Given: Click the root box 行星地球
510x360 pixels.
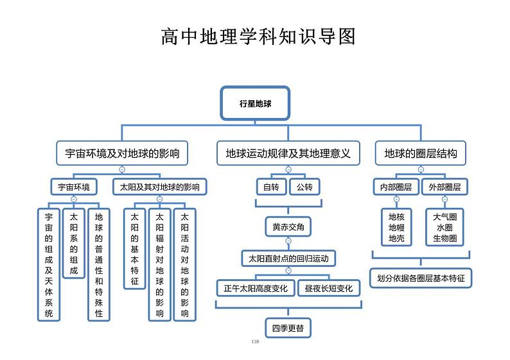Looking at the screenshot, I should [255, 103].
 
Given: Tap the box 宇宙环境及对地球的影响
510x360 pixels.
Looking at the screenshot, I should [122, 154].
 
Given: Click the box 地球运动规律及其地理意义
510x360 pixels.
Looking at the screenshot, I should [288, 154].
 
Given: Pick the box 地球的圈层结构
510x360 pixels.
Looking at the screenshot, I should [421, 154].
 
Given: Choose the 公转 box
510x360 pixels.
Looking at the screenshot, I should [304, 187].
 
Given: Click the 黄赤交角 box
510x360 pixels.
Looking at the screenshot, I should [287, 227].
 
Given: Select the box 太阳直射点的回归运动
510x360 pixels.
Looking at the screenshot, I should [288, 259].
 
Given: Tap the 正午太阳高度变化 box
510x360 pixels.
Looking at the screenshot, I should [255, 288].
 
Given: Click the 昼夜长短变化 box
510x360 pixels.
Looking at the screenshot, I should [329, 288].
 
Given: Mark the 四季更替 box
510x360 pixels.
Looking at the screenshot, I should [287, 328].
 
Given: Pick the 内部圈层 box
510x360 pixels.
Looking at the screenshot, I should [396, 187].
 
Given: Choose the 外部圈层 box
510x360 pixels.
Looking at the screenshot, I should [445, 187].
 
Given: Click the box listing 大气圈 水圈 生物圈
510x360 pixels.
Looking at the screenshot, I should [445, 227].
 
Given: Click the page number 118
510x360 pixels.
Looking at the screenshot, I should [255, 341].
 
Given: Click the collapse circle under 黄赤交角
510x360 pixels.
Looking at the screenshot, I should [288, 241].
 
